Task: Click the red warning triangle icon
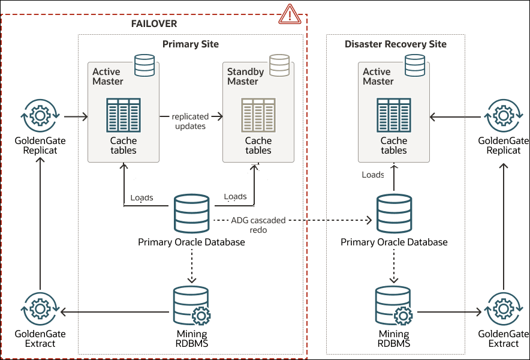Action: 290,13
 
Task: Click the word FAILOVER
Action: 154,23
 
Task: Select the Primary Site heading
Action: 191,44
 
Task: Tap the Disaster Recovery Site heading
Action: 396,44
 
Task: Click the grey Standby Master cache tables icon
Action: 258,115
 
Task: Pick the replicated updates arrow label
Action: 190,121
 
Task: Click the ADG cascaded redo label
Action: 258,224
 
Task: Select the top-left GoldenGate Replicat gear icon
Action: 40,114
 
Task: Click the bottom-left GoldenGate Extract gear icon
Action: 40,310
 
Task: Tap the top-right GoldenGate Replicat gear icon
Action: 503,114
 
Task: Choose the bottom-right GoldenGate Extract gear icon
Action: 503,310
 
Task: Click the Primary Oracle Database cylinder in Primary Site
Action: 191,213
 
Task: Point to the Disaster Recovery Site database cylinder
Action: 394,213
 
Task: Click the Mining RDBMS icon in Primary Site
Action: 191,306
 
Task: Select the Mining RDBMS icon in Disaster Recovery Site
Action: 394,306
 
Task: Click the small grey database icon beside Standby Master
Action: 279,65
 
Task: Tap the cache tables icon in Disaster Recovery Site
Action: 394,115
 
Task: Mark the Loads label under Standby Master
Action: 235,196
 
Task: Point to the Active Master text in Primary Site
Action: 108,76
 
